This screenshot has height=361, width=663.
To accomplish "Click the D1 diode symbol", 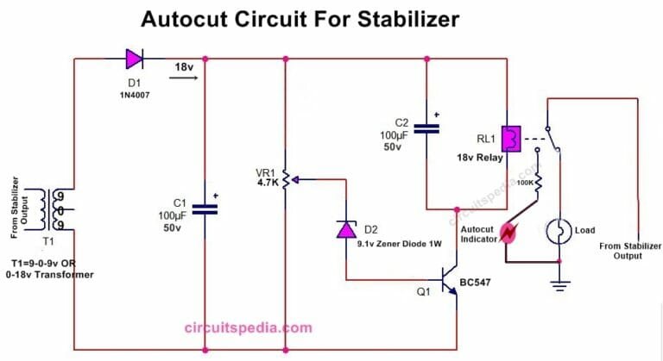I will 135,59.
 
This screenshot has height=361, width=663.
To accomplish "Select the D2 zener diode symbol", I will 345,229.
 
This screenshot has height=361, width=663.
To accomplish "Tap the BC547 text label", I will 483,280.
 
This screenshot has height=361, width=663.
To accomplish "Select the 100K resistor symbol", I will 536,184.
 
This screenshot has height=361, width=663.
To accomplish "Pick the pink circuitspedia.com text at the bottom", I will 248,327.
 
